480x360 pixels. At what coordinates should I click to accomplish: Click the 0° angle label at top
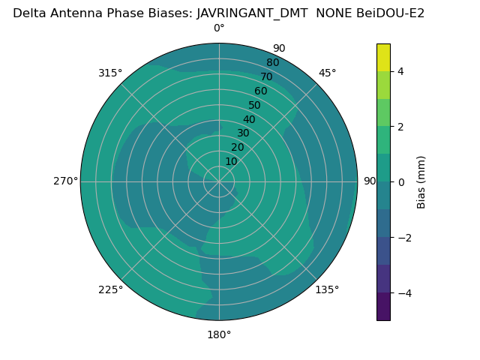219,28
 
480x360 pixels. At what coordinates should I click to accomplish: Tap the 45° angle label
328,73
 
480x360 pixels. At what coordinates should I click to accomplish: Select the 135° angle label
327,289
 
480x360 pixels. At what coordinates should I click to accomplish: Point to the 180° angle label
219,334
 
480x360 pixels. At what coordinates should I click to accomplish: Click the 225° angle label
110,289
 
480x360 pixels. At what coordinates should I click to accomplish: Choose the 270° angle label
65,181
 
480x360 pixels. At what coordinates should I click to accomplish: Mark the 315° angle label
110,73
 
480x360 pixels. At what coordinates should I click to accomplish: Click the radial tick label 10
231,161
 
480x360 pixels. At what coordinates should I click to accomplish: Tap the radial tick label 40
249,119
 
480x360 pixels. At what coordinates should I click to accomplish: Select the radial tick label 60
261,91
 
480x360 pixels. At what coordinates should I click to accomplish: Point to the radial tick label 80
272,62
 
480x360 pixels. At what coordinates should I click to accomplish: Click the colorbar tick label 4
400,71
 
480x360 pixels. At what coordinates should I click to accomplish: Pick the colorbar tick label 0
400,182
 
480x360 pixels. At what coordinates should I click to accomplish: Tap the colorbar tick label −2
403,238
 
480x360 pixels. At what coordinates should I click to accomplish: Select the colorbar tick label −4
403,293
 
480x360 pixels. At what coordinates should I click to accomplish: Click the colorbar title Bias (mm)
421,181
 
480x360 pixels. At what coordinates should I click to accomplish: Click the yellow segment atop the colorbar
383,57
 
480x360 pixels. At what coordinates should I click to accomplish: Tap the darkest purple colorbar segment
383,307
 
